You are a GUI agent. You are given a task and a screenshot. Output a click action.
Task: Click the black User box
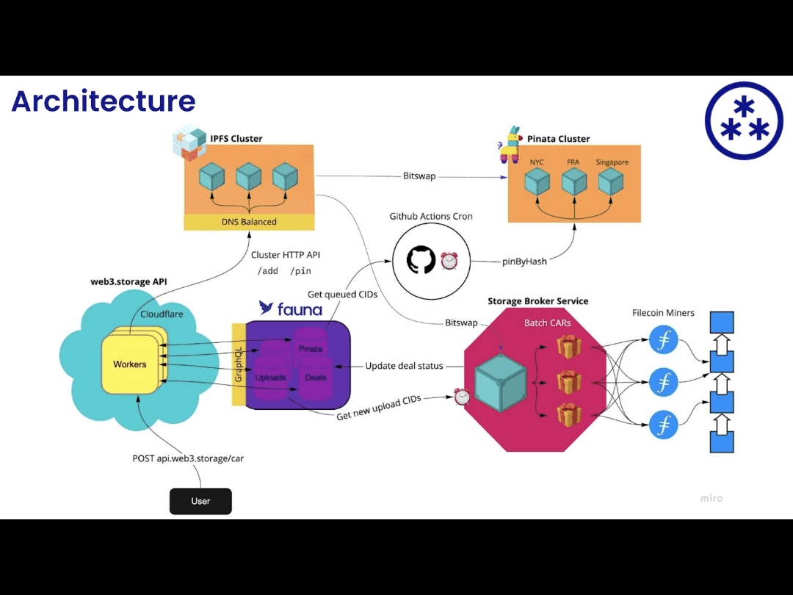coord(200,501)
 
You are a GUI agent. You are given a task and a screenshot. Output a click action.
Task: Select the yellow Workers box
coord(130,364)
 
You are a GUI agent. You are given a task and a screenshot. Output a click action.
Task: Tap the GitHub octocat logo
coord(421,260)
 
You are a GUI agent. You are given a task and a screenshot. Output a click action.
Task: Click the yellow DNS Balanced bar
coord(249,222)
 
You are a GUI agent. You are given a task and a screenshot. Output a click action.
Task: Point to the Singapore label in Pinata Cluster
coord(612,162)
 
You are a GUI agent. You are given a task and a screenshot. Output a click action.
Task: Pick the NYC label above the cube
coord(537,162)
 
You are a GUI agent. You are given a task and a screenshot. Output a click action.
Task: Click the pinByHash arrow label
coord(524,261)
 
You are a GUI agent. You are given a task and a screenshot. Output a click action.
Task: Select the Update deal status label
coord(404,366)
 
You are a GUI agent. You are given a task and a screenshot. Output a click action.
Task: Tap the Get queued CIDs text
coord(342,295)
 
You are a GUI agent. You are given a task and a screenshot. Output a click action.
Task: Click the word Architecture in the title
coord(104,101)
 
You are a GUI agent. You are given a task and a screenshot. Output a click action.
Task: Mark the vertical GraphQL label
coord(238,364)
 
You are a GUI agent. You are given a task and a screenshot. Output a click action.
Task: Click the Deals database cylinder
coord(315,378)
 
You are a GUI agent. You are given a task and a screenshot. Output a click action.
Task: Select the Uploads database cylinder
coord(270,378)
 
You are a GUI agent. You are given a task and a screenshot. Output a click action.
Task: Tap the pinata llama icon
coord(510,145)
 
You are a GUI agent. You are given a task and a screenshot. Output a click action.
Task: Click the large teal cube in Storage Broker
coord(501,382)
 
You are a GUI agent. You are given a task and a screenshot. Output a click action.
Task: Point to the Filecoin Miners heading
coord(663,313)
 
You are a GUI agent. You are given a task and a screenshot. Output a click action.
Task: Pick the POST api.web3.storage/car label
coord(188,458)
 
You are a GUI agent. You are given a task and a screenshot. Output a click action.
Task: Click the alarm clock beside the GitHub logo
coord(449,261)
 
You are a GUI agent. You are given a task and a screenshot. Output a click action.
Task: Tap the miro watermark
coord(711,498)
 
